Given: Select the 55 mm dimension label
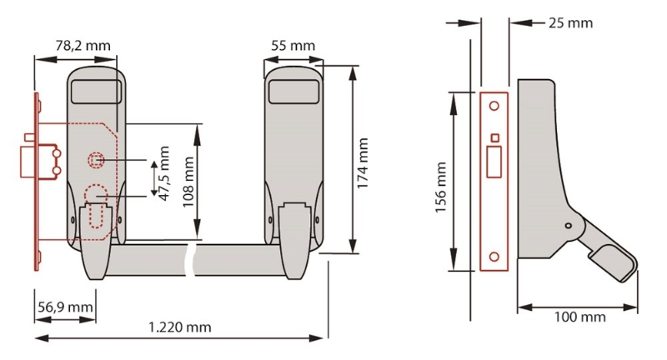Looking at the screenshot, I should click(293, 44).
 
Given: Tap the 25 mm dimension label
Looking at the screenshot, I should click(571, 22).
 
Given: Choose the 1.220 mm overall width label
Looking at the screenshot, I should click(182, 327).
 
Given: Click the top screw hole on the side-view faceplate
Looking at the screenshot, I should click(494, 106).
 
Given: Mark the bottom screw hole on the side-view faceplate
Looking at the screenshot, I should click(494, 257).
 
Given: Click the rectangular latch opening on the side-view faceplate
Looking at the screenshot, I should click(494, 158).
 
